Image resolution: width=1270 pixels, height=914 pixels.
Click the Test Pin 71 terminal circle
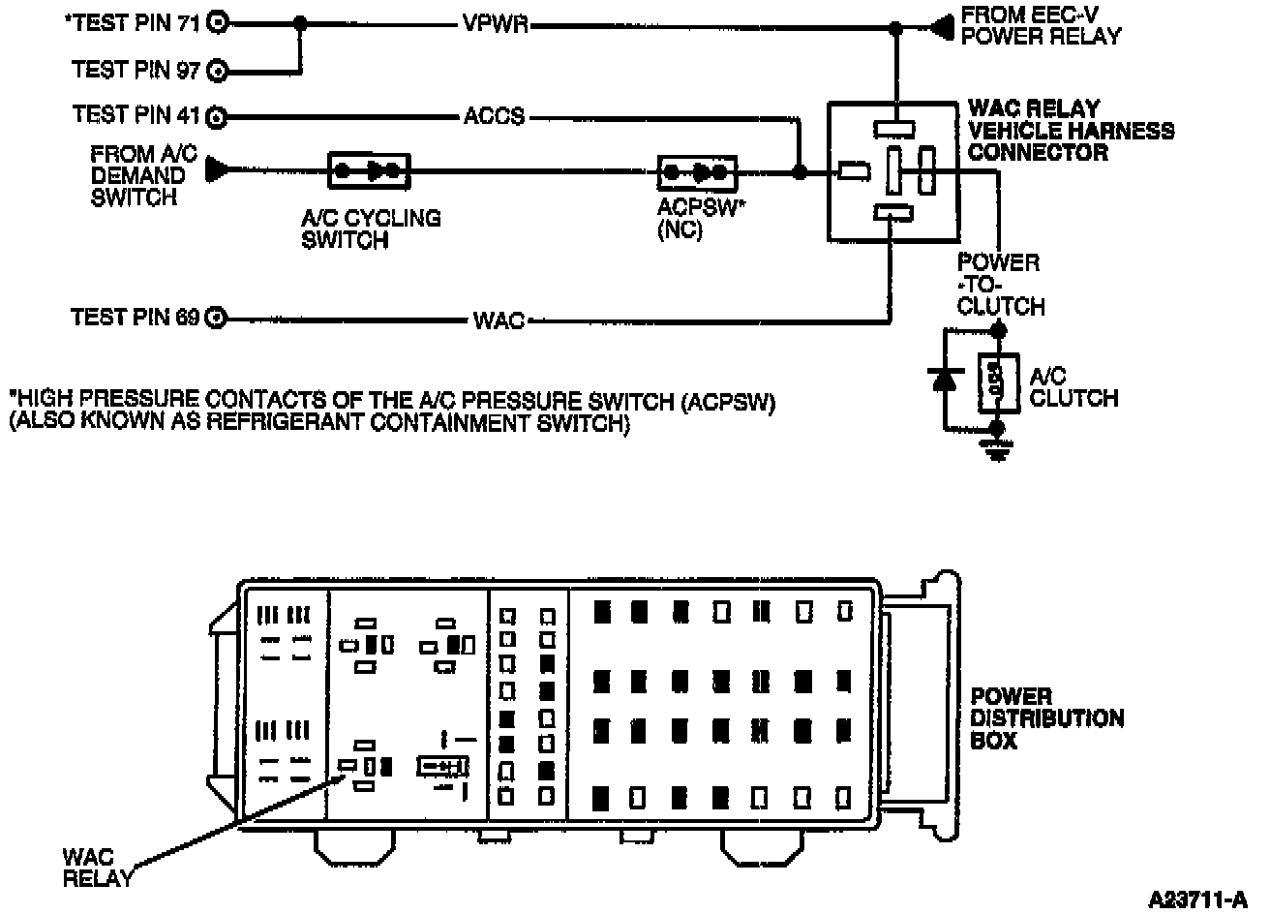tap(217, 23)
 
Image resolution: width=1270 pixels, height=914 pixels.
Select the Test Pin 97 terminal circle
tap(217, 72)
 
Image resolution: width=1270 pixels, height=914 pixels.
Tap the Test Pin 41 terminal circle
tap(217, 118)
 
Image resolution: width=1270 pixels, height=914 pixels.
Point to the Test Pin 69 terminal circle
tap(216, 319)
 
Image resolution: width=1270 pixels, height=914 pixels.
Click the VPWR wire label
tap(495, 24)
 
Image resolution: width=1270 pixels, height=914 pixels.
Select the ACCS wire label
tap(494, 117)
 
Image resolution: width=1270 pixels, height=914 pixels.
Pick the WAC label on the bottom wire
tap(499, 320)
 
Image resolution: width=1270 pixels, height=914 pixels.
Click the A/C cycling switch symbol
tap(369, 170)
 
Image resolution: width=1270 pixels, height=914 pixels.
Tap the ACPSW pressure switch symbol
tap(697, 173)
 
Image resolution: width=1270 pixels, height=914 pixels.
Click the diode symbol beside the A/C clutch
tap(945, 380)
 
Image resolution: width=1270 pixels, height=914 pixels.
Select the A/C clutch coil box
tap(998, 382)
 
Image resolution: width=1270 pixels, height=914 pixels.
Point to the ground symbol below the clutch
tap(997, 451)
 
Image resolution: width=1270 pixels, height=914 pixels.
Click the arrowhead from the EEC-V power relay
tap(942, 27)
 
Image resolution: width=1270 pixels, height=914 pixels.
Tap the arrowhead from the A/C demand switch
tap(217, 169)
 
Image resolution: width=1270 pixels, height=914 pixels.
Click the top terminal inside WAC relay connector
tap(894, 130)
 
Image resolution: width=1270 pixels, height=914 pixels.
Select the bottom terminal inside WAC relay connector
tap(893, 213)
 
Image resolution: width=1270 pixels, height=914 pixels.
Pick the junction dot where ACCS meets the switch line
tap(800, 171)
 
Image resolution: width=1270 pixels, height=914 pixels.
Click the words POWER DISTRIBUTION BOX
tap(1047, 718)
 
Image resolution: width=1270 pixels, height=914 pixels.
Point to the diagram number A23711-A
tap(1198, 899)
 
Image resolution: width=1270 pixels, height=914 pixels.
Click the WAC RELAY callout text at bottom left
tap(98, 868)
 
